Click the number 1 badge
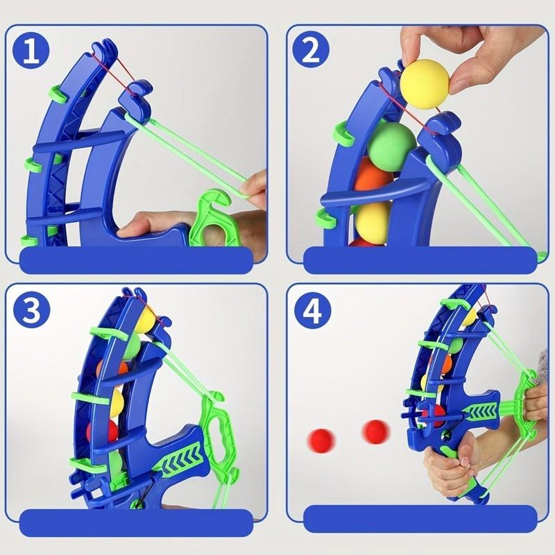tap(31, 51)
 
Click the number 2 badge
tap(311, 51)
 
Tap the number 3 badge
tap(31, 310)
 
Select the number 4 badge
tap(312, 310)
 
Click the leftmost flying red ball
tap(321, 440)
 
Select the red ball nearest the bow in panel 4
tap(376, 432)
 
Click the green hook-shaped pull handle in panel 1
tap(214, 220)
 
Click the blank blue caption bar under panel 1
tap(136, 260)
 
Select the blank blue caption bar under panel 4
tap(420, 518)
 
